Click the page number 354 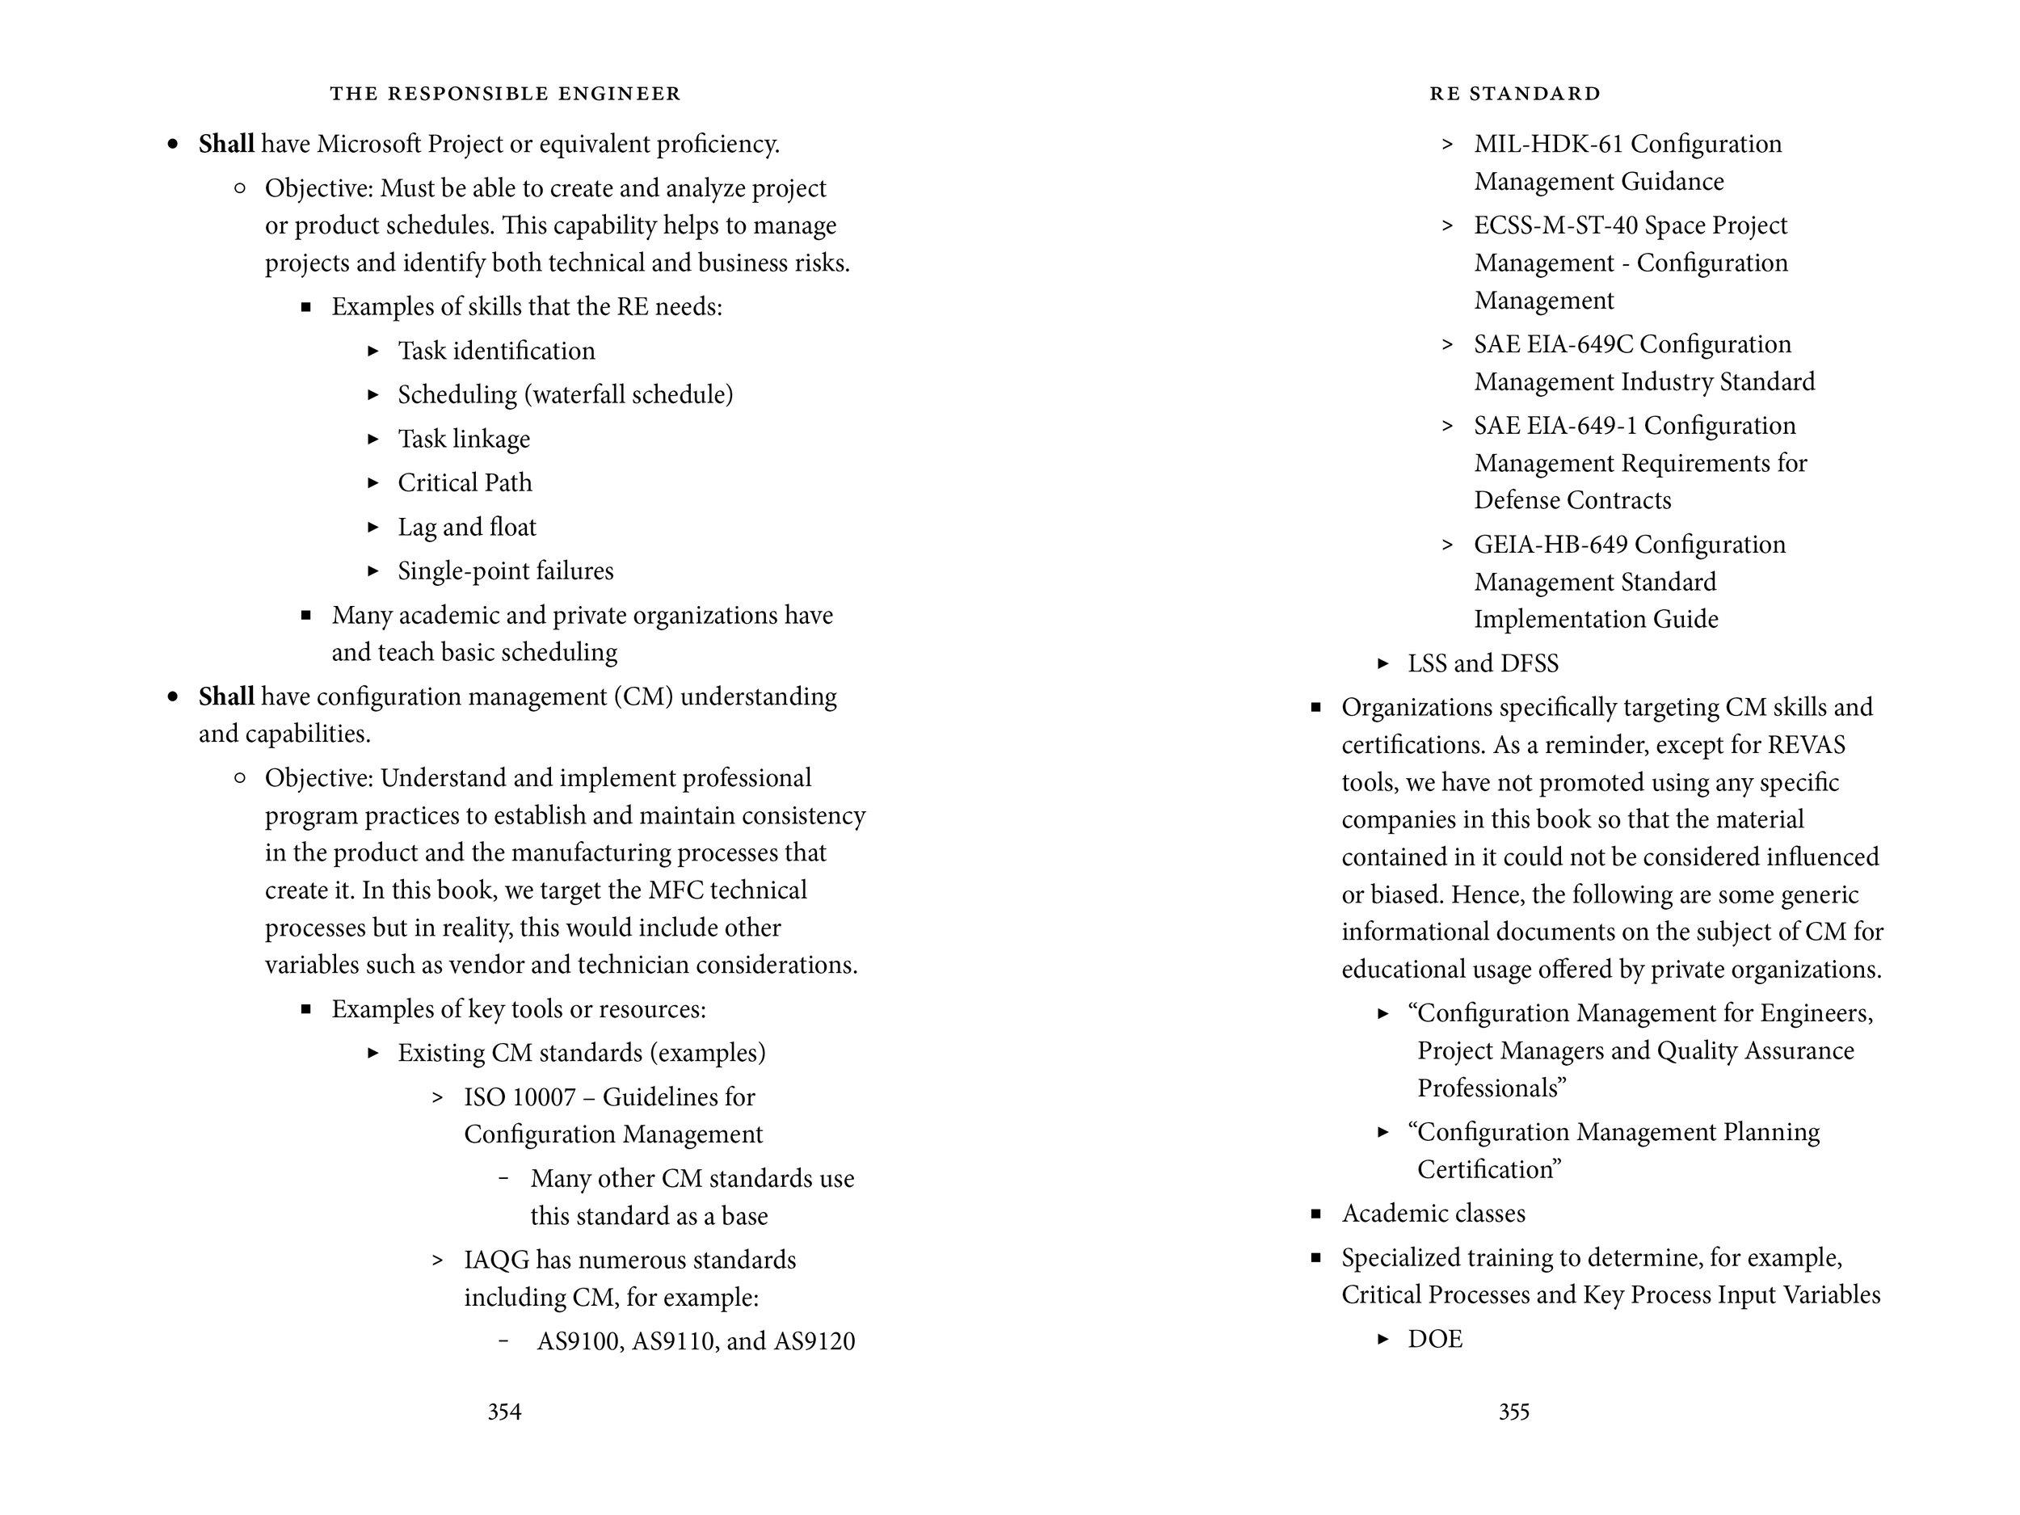pyautogui.click(x=504, y=1412)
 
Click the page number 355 pyautogui.click(x=1513, y=1412)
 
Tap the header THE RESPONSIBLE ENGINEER pyautogui.click(x=505, y=93)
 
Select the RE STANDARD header pyautogui.click(x=1515, y=93)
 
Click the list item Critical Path pyautogui.click(x=464, y=482)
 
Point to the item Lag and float pyautogui.click(x=467, y=527)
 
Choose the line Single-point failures pyautogui.click(x=505, y=570)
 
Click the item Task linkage pyautogui.click(x=463, y=440)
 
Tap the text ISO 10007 pyautogui.click(x=519, y=1096)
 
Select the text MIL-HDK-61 pyautogui.click(x=1548, y=145)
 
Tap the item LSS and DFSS pyautogui.click(x=1482, y=663)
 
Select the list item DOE pyautogui.click(x=1435, y=1339)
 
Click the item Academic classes pyautogui.click(x=1433, y=1214)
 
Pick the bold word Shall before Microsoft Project pyautogui.click(x=225, y=145)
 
